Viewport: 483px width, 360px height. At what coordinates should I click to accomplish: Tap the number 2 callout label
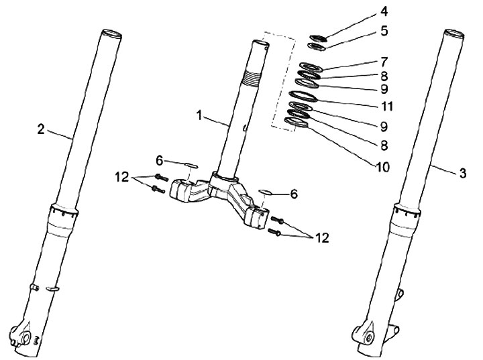pos(41,129)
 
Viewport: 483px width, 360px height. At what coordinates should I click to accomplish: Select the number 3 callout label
pos(462,172)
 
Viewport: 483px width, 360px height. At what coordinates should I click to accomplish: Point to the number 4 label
pos(383,11)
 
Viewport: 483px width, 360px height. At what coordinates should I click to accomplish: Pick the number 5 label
pos(383,30)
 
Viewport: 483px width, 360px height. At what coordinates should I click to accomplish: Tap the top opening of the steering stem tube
pos(261,44)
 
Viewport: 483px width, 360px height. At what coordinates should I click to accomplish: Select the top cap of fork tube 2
pos(112,33)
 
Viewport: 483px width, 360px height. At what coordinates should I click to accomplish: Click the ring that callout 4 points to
pos(319,38)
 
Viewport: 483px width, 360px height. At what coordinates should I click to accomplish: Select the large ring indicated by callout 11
pos(303,95)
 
